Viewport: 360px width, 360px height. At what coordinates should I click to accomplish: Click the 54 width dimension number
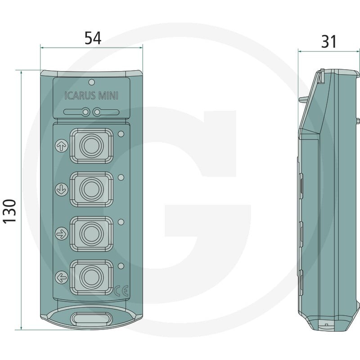[93, 38]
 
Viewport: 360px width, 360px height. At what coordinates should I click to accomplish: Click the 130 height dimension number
[9, 211]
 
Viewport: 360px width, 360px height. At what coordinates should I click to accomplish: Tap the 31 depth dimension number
[329, 42]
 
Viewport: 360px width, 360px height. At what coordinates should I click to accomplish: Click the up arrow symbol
[62, 145]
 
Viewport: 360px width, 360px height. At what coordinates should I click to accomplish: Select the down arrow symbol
[62, 189]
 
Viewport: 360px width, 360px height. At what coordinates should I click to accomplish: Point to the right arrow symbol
[62, 234]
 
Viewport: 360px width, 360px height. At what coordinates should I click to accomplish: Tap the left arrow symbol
[62, 277]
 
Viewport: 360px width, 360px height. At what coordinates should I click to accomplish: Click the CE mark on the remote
[121, 291]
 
